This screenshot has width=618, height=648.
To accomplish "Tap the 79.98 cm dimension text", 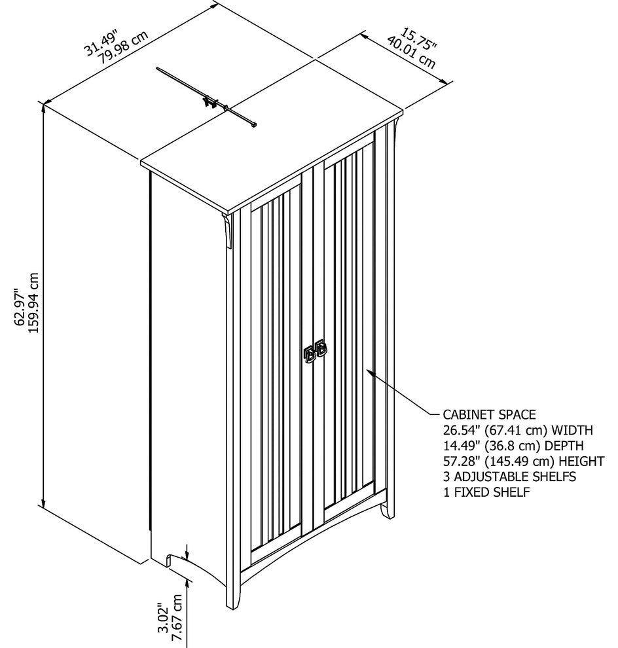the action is point(122,48).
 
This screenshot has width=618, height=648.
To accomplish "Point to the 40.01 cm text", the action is point(411,53).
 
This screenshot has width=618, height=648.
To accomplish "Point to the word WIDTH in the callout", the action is point(572,430).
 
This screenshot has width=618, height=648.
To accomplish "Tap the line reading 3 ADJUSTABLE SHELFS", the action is point(510,477).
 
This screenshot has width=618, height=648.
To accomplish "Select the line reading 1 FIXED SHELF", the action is point(486,492).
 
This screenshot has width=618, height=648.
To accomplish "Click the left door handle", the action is point(309,353).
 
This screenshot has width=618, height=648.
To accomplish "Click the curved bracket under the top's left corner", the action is point(227,232).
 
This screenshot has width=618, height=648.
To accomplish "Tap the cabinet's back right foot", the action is point(386,511).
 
